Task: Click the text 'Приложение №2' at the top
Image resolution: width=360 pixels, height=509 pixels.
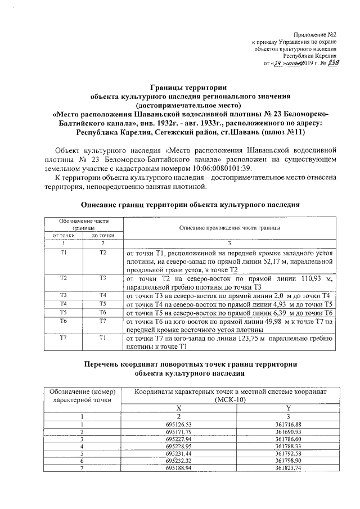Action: click(x=317, y=34)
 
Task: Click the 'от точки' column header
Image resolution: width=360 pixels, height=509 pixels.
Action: click(x=63, y=235)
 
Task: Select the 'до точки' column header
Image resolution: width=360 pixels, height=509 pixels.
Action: click(x=103, y=235)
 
